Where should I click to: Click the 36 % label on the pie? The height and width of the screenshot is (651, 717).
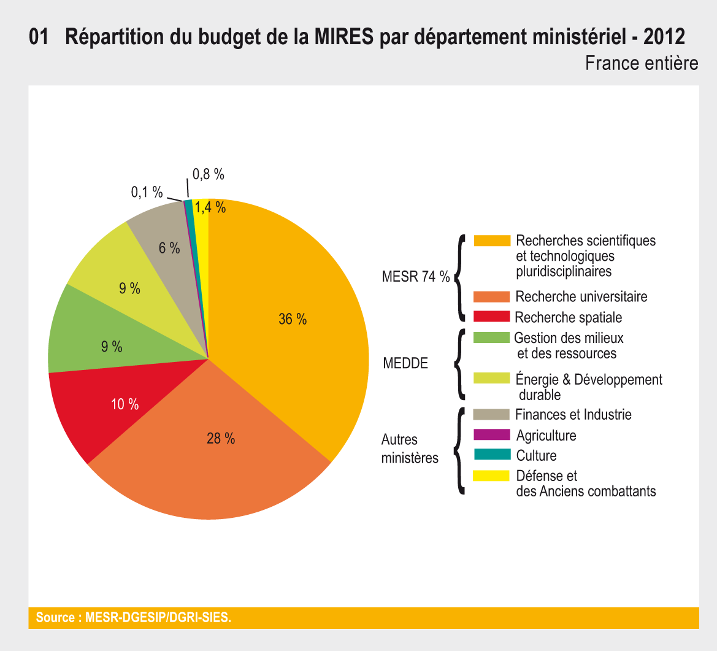(293, 319)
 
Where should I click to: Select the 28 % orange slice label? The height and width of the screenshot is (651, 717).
(221, 439)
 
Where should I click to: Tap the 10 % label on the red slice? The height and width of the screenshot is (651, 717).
(125, 404)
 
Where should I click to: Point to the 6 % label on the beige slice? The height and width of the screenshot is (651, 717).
(169, 248)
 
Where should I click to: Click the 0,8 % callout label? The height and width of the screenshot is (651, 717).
(209, 175)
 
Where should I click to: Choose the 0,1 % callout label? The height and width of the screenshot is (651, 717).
(147, 193)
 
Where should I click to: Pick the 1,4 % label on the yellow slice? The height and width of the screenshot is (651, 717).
(210, 208)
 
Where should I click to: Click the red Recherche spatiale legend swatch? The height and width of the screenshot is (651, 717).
(492, 317)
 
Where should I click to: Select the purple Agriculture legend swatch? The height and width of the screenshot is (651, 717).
(492, 435)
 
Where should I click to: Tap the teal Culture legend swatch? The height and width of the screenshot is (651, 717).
(492, 455)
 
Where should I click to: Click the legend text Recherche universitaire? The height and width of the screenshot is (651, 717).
(581, 297)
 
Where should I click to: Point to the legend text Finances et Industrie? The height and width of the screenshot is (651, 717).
(573, 415)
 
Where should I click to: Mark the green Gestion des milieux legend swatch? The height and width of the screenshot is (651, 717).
(492, 337)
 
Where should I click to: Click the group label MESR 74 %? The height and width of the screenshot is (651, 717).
(416, 277)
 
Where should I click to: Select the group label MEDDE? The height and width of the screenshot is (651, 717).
(405, 363)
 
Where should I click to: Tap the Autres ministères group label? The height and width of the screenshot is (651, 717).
(410, 449)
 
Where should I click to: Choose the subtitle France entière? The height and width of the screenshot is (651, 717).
(642, 63)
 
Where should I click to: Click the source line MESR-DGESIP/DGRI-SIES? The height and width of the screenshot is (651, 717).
(134, 617)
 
